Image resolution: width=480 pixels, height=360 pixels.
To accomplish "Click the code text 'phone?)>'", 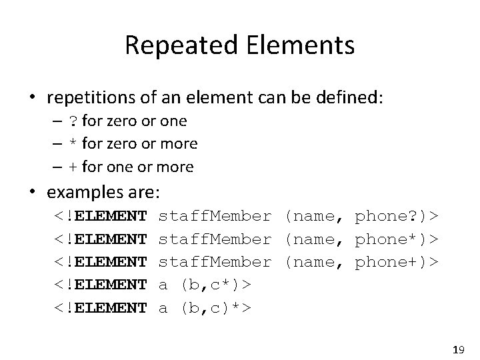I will pyautogui.click(x=397, y=215).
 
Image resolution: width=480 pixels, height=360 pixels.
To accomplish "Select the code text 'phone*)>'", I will pyautogui.click(x=397, y=238).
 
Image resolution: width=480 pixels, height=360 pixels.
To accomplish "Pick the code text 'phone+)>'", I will pyautogui.click(x=397, y=261).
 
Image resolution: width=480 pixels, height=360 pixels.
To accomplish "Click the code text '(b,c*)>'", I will pyautogui.click(x=213, y=285).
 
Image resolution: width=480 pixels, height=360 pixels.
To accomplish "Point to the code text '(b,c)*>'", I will pyautogui.click(x=213, y=307).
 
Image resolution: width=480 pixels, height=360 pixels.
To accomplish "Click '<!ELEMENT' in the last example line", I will pyautogui.click(x=101, y=307).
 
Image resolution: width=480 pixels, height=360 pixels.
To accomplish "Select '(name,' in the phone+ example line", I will pyautogui.click(x=313, y=261).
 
